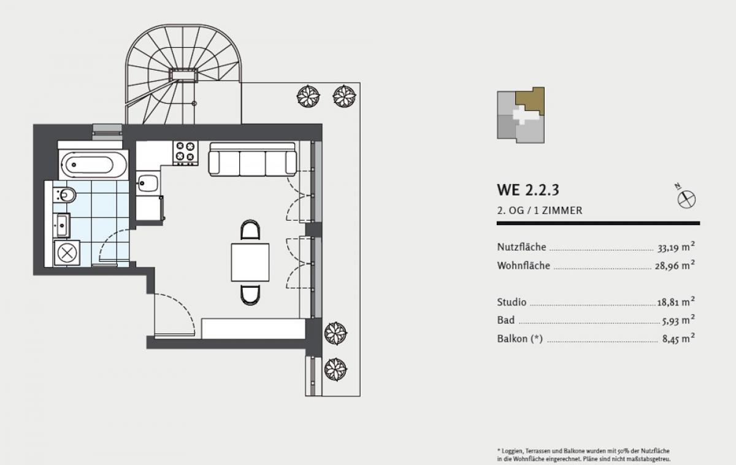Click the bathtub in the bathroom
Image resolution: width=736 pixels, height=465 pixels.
coord(93,164)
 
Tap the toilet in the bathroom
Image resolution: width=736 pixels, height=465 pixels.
coord(65,195)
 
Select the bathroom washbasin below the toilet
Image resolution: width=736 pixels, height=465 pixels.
coord(62,225)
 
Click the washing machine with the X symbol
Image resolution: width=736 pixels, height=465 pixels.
coord(67,253)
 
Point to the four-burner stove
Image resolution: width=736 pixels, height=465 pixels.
coord(186,153)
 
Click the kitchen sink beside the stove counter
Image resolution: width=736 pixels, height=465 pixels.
coord(148,183)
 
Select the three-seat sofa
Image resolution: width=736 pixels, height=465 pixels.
coord(252,159)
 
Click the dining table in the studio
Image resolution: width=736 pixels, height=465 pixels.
coord(250,262)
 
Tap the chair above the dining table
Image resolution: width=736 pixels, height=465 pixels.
coord(250,229)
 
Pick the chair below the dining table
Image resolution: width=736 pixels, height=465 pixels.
coord(250,295)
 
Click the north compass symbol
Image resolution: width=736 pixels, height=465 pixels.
coord(686,199)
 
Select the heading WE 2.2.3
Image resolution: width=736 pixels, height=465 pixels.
coord(528,190)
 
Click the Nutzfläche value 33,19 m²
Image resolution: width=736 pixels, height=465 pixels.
coord(676,247)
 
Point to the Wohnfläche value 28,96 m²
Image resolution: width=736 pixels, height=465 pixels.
coord(675,265)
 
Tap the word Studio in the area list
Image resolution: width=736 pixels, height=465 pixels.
coord(512,302)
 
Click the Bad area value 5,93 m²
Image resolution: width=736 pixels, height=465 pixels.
coord(678,320)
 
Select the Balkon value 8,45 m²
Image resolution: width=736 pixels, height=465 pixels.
coord(678,339)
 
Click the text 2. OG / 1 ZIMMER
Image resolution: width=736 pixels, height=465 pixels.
coord(540,210)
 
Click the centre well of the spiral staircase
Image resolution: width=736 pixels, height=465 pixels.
coord(183,75)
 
